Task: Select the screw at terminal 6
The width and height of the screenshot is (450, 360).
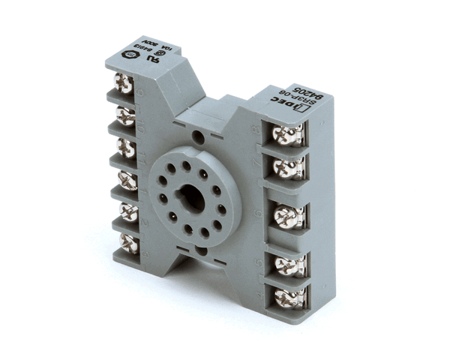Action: (289, 217)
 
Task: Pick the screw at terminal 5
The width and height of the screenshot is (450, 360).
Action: (289, 265)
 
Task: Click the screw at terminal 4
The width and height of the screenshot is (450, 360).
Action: (289, 297)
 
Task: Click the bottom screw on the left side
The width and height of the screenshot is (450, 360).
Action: (128, 242)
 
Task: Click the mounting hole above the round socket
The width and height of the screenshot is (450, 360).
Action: (199, 137)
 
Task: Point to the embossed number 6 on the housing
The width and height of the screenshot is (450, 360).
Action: (259, 213)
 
